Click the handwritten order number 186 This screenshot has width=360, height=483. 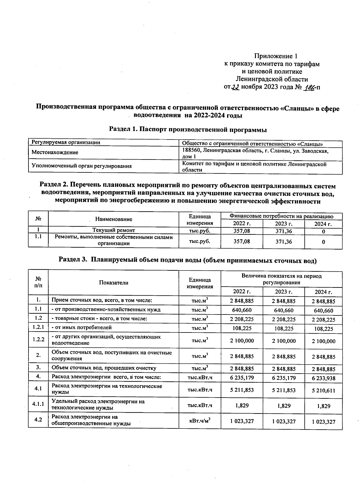(309, 87)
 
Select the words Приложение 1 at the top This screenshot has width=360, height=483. (276, 56)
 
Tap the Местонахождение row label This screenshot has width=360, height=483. (55, 152)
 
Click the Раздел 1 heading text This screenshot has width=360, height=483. (188, 130)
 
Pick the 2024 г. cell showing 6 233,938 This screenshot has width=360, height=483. (323, 378)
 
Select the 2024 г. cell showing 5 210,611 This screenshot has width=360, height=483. (323, 391)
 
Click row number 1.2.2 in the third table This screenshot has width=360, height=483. (38, 340)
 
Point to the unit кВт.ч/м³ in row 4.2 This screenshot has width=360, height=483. (200, 421)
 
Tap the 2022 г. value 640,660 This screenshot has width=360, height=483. (242, 310)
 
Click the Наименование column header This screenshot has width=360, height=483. (114, 219)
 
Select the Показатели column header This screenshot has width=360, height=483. (114, 282)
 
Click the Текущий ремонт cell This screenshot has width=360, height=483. (114, 230)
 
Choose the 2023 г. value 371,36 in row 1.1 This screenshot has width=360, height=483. (283, 241)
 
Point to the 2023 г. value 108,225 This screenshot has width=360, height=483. (283, 328)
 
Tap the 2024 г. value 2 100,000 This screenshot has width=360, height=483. (323, 341)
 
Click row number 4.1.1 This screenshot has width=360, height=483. (38, 404)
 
